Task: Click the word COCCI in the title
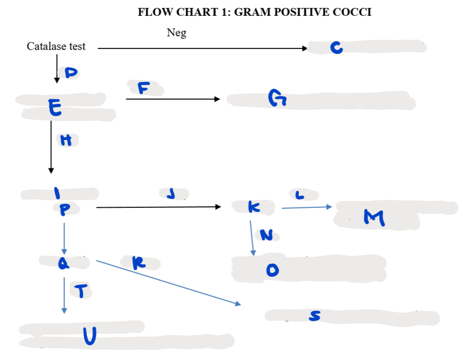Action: click(x=352, y=12)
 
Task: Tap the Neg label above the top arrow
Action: click(x=176, y=33)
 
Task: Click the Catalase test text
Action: click(x=56, y=46)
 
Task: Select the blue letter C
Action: click(x=336, y=47)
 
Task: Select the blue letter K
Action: click(x=253, y=207)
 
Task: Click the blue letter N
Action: click(x=267, y=235)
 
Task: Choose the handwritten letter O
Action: click(x=271, y=270)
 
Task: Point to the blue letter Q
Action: click(x=64, y=262)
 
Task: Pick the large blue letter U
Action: click(x=89, y=336)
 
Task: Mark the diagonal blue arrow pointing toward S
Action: click(x=168, y=283)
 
